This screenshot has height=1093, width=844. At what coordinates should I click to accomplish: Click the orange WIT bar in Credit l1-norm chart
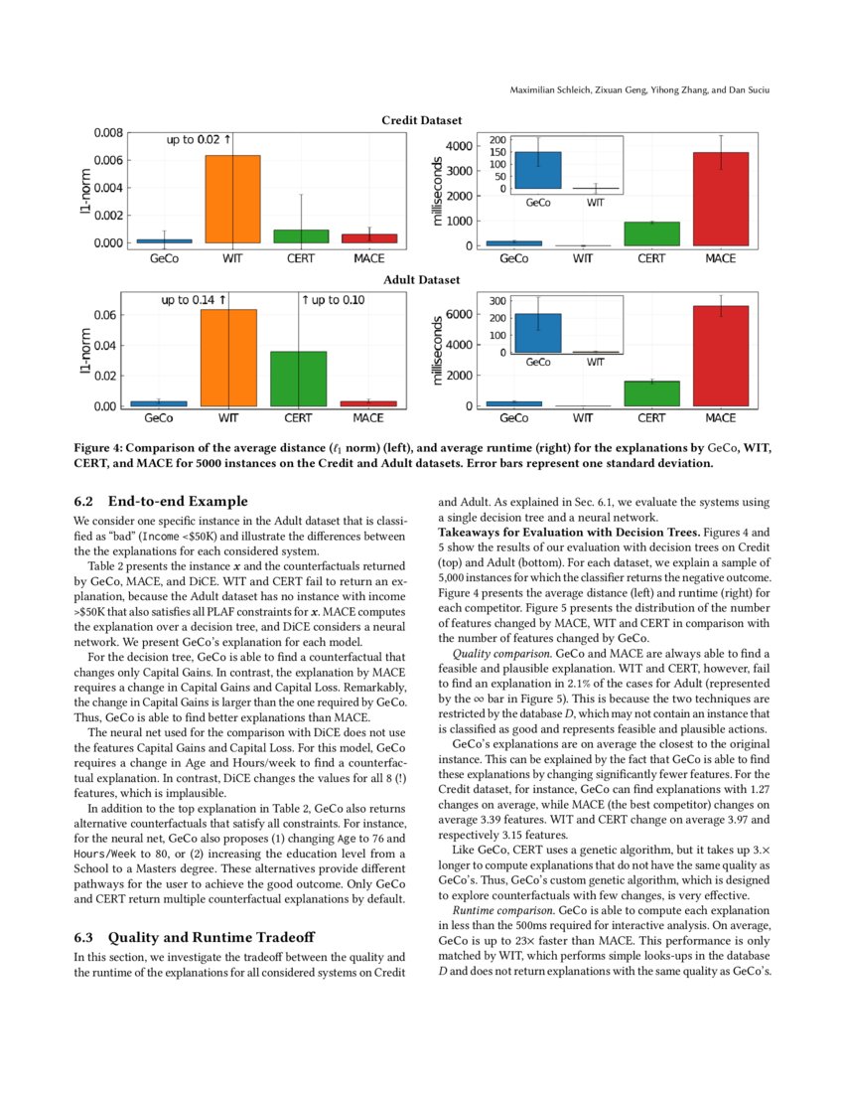coord(232,199)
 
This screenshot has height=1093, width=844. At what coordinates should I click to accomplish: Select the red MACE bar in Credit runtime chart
coord(720,199)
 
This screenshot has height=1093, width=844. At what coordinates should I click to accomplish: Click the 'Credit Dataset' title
coord(422,120)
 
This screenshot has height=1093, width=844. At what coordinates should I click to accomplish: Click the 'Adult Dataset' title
coord(422,281)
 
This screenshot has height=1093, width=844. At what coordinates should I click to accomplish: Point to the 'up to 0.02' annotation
coord(198,139)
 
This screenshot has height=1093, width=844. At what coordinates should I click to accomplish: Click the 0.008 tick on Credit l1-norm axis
coord(108,132)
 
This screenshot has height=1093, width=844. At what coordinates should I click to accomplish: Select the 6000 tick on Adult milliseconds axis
coord(456,315)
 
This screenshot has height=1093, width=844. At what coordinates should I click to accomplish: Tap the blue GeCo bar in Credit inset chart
coord(538,170)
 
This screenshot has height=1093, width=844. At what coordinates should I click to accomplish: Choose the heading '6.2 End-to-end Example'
coord(161,501)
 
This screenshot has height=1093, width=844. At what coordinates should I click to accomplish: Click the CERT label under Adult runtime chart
coord(651,418)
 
